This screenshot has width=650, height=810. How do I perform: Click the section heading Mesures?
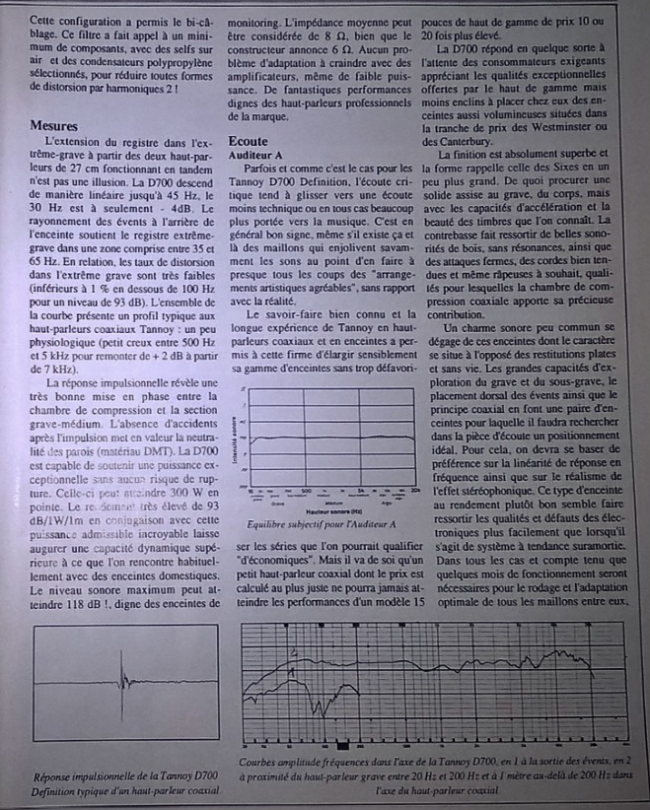pos(57,125)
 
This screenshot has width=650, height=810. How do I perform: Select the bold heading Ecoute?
pos(249,141)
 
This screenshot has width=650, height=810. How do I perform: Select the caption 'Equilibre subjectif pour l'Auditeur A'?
pos(322,524)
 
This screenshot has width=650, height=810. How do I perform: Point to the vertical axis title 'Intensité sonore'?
pos(233,439)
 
